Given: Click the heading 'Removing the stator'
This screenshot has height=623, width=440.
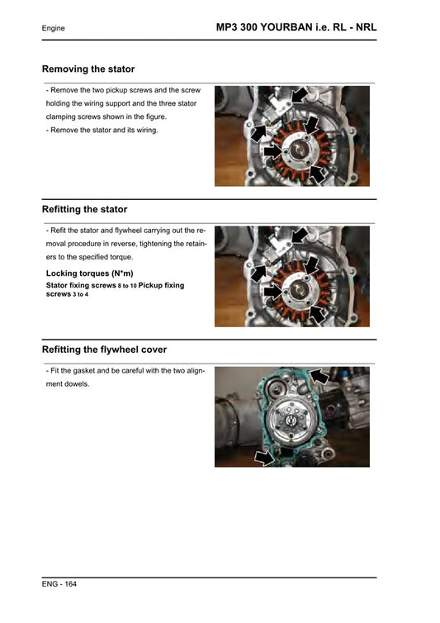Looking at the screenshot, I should point(88,69).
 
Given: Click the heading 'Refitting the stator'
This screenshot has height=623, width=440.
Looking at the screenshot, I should point(84,210).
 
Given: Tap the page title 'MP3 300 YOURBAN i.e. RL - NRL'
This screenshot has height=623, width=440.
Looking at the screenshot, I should point(296,27).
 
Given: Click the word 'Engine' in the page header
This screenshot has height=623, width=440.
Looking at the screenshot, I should point(54,29).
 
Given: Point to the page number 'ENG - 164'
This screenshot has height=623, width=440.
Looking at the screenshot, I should point(59,583).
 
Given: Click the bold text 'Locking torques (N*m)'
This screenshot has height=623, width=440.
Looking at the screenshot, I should point(89,273).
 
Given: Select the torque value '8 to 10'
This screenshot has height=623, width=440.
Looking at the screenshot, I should point(127,286).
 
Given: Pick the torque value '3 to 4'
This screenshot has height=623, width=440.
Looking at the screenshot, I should point(80,294).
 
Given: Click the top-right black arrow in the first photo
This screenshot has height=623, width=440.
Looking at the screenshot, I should point(299,96).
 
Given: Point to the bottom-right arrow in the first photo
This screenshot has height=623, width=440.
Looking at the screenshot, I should point(316,172).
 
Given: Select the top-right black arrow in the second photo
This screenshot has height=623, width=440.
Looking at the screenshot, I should point(299,236).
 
